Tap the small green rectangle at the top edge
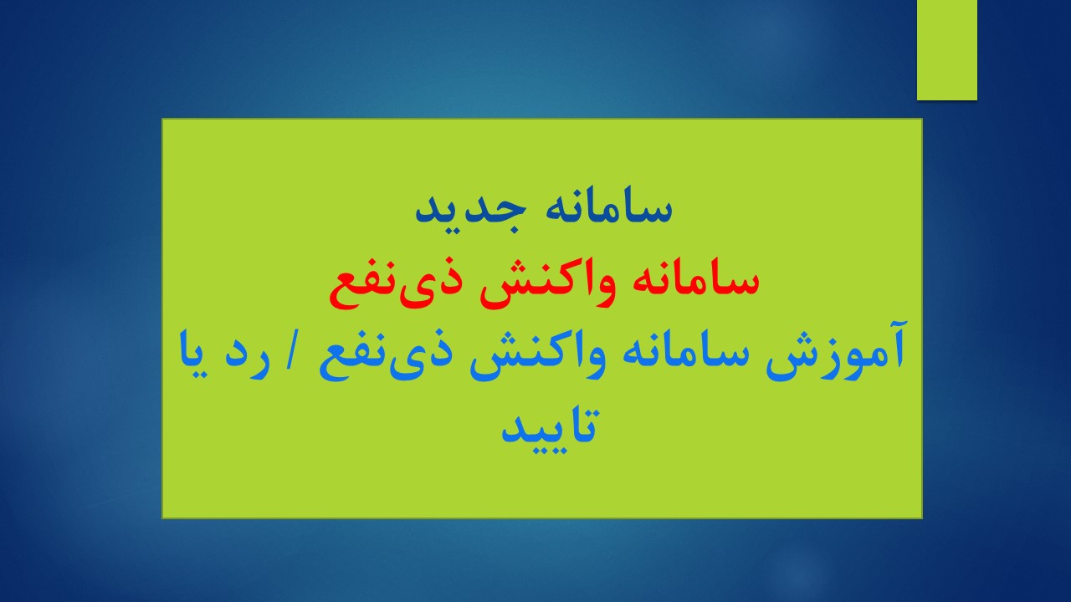[946, 50]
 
